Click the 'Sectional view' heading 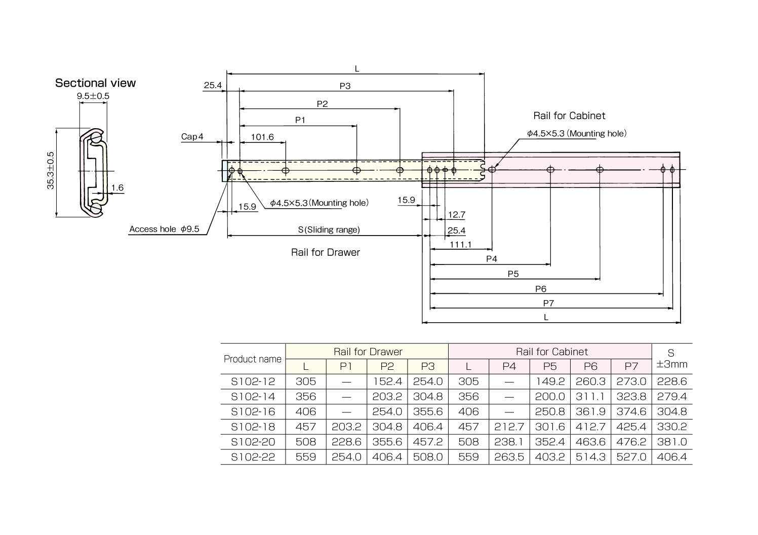(x=95, y=83)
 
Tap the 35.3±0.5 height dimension (x=51, y=171)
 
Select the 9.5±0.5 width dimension (x=93, y=96)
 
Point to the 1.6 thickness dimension (x=117, y=188)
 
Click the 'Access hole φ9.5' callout (x=165, y=229)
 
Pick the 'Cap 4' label (x=192, y=137)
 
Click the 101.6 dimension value (x=262, y=137)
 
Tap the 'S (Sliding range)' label (x=329, y=230)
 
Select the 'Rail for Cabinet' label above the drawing (x=569, y=116)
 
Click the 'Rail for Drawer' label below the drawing (x=326, y=252)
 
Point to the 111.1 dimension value (x=461, y=245)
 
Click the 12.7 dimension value (x=456, y=215)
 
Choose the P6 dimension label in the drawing (x=541, y=289)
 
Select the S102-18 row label (x=253, y=427)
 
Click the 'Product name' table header (x=253, y=359)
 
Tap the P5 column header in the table (x=550, y=366)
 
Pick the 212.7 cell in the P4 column (x=509, y=427)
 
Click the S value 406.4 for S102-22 (x=672, y=457)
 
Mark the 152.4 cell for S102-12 (x=387, y=381)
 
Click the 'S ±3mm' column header (x=672, y=359)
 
